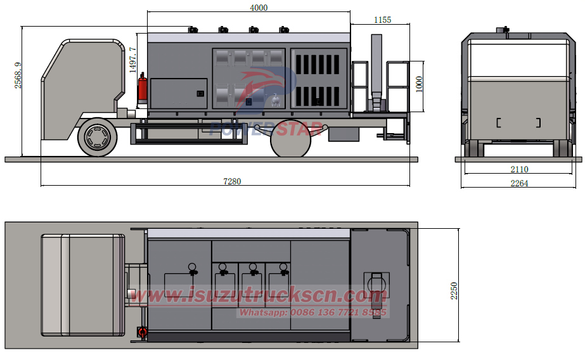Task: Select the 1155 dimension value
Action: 382,20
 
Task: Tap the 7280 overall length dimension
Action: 232,181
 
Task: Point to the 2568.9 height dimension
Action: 18,75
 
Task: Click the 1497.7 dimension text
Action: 132,60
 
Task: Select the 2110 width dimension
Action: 518,169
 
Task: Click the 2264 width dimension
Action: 518,183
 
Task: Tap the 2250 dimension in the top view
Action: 454,290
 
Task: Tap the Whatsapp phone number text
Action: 312,312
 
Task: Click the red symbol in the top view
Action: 142,332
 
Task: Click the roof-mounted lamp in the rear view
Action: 505,29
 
